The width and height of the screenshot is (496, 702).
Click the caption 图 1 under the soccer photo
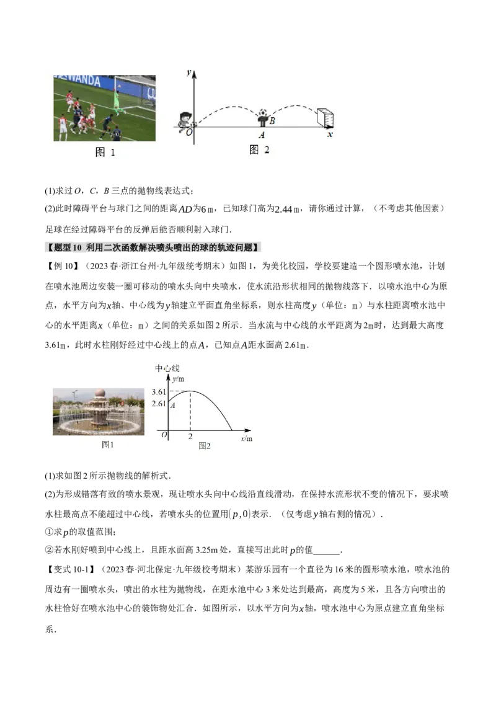coord(105,153)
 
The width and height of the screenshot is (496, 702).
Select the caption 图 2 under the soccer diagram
coord(259,149)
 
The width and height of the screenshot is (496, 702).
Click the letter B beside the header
coord(272,121)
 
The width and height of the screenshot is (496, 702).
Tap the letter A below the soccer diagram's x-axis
coord(262,135)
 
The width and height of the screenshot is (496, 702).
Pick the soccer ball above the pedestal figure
coord(263,113)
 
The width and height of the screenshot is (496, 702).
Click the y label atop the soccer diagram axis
coord(188,73)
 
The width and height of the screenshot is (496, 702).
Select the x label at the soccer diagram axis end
coord(330,134)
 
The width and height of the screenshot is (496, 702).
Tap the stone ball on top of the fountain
coord(100,393)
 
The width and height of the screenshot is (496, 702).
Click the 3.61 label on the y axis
coord(159,393)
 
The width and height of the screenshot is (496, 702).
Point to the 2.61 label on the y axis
coord(159,404)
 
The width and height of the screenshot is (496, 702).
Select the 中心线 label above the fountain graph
coord(167,368)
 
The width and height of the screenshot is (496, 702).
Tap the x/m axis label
coord(246,438)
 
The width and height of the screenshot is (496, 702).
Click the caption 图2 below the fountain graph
coord(205,446)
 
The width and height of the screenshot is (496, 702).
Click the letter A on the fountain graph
coord(172,405)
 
